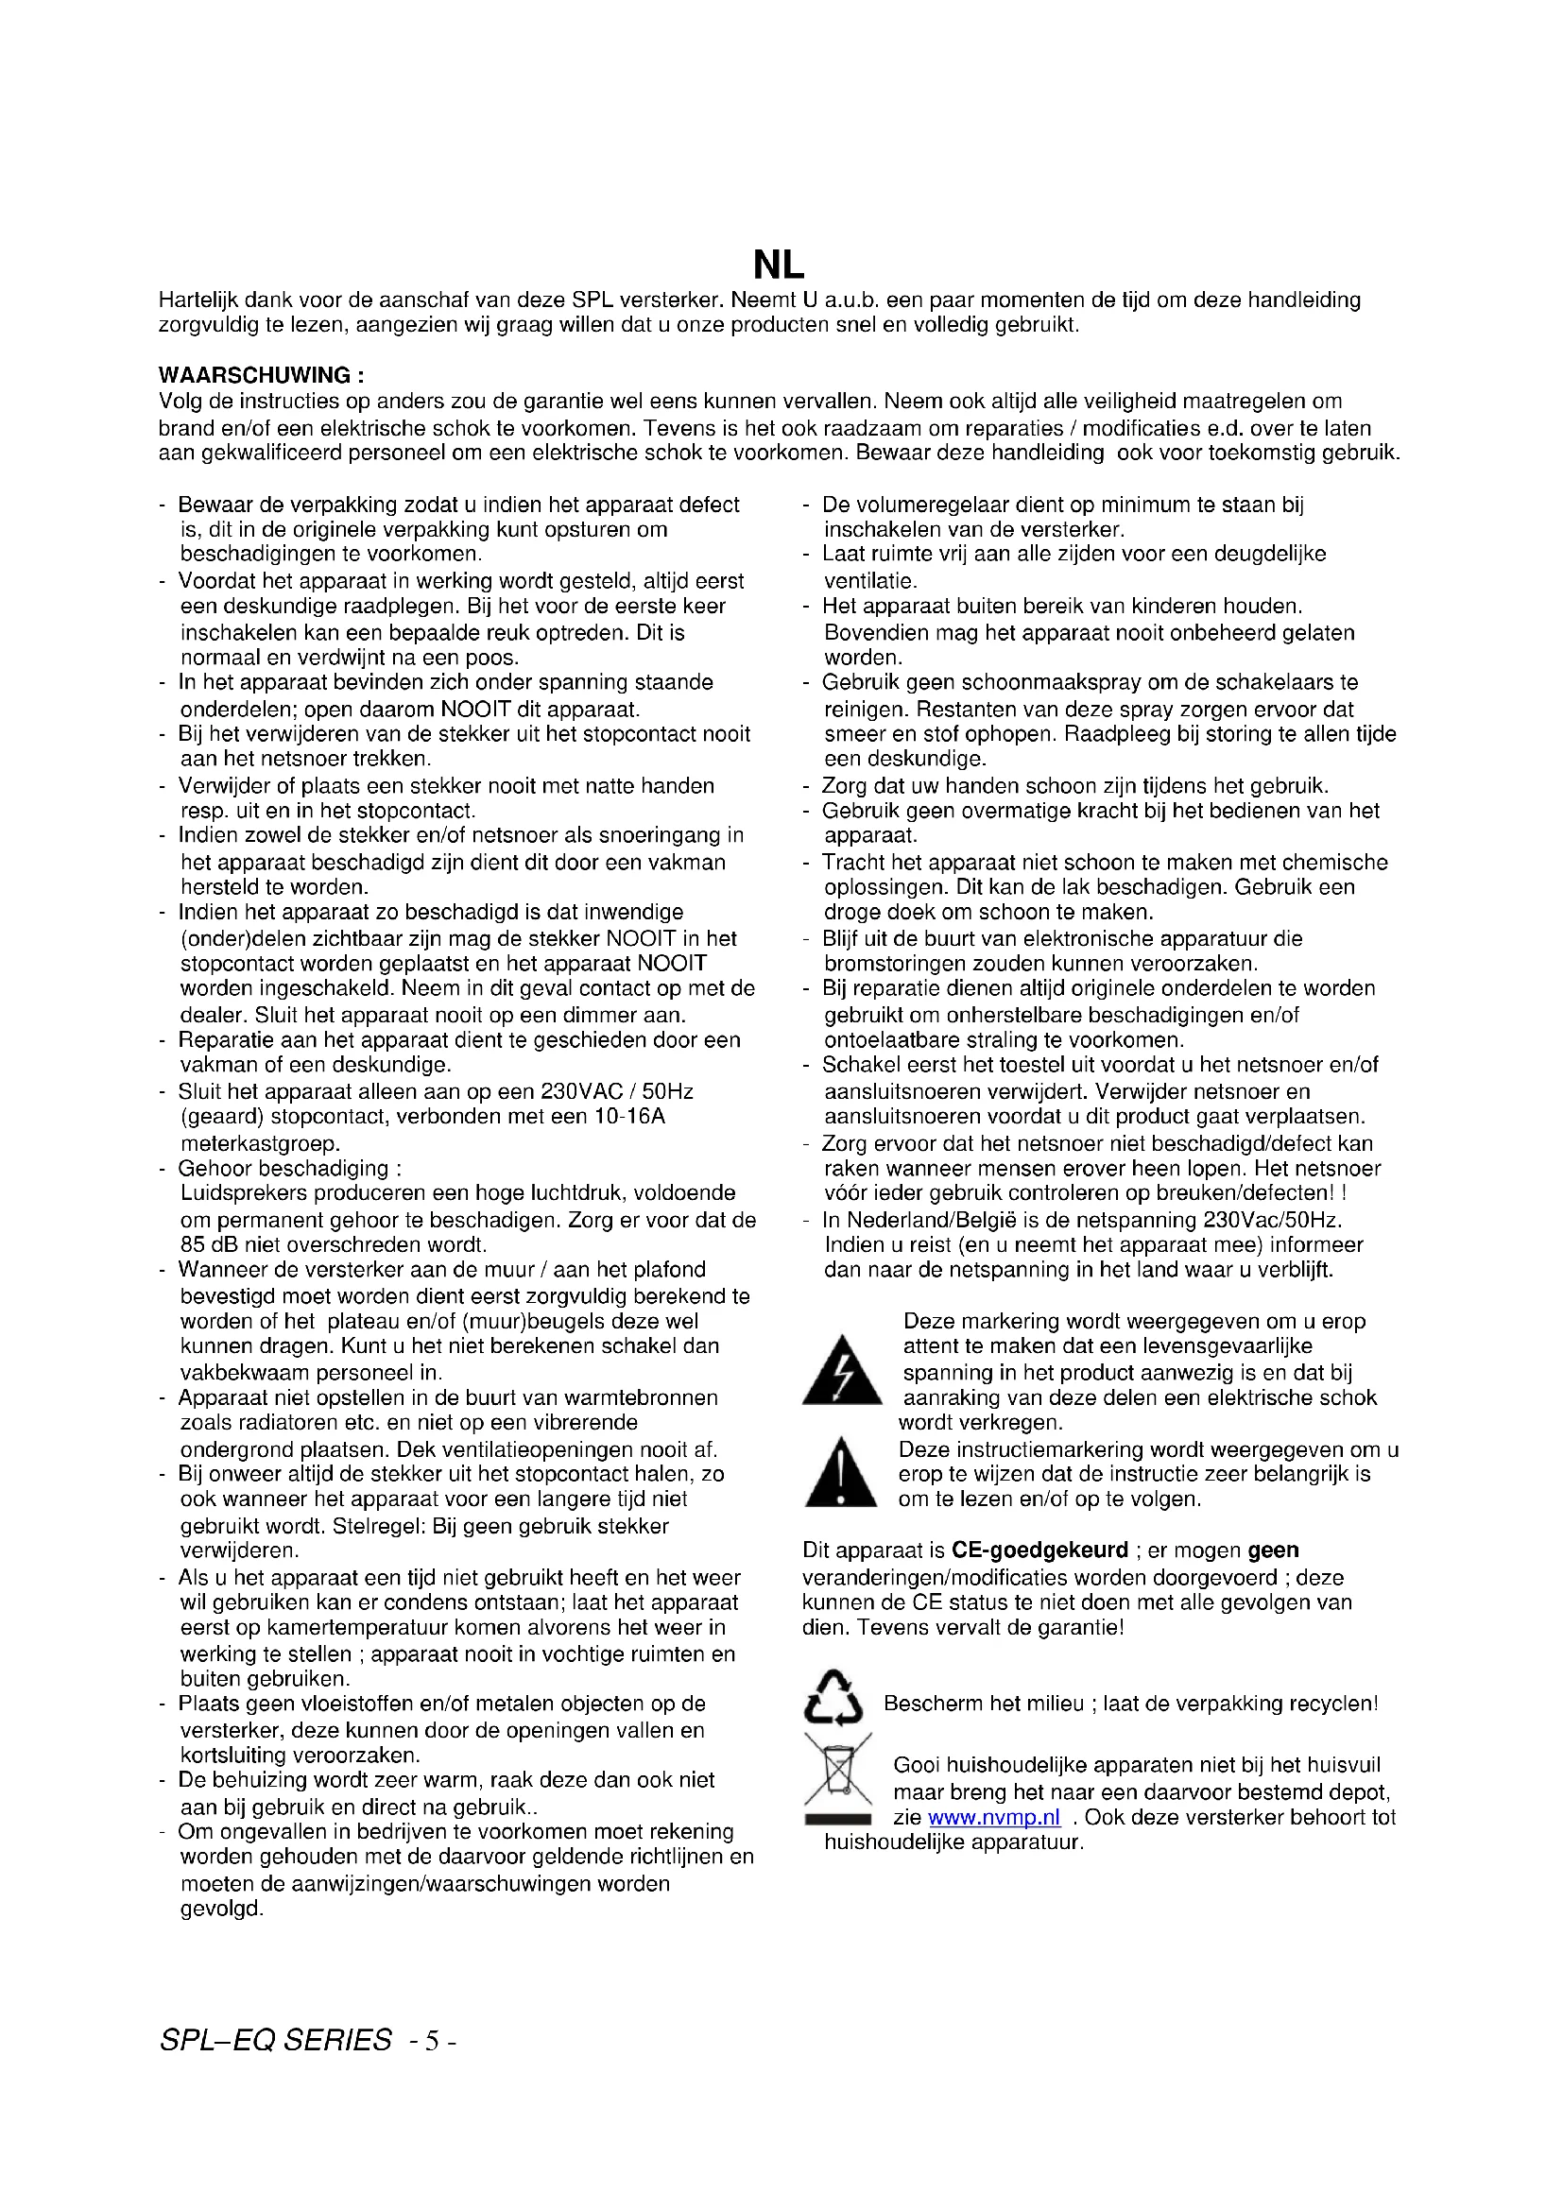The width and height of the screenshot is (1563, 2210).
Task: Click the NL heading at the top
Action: (778, 265)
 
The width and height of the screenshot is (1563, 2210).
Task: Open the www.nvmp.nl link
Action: (994, 1817)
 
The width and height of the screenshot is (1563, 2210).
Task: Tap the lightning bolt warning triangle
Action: (842, 1371)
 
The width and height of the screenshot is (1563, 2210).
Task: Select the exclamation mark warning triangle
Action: (840, 1474)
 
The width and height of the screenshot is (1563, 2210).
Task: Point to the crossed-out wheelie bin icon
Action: (837, 1768)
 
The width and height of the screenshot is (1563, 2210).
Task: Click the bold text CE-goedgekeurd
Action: (1039, 1550)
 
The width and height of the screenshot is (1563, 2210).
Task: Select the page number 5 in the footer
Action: (432, 2041)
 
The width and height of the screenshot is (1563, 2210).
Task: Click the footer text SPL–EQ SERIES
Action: (276, 2040)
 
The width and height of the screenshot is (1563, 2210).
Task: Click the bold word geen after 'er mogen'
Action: (1272, 1550)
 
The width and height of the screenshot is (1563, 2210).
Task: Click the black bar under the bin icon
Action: (837, 1819)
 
